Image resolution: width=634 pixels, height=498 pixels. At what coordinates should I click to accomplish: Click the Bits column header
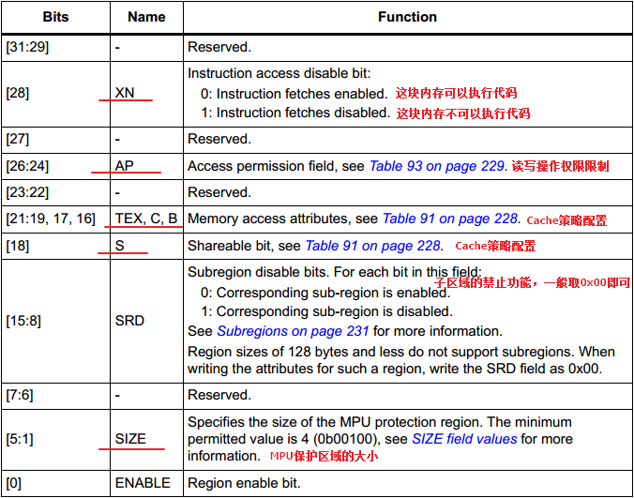54,17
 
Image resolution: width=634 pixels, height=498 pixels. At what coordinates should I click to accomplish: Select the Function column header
407,17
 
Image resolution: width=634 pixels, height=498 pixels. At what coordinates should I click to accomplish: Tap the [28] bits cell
18,93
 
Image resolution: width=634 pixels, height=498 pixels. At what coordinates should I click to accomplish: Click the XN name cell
126,93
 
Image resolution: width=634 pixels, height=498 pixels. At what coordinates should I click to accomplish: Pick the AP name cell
125,166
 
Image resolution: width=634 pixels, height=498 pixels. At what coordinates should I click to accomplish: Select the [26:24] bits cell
27,166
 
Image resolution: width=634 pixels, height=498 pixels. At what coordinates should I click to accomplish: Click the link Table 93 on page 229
437,166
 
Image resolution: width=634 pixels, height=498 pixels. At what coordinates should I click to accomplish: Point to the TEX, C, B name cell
146,219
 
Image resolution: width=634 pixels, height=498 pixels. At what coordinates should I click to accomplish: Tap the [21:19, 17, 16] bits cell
50,219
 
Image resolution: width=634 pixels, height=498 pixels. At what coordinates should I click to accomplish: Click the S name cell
120,246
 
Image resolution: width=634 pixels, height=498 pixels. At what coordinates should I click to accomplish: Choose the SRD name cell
129,320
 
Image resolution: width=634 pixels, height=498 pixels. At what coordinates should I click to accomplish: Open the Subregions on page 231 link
293,330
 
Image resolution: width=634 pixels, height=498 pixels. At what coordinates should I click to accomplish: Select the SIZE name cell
131,438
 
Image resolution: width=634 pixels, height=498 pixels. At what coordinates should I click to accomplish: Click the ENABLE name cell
143,483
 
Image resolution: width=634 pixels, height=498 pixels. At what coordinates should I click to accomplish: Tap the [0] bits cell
14,483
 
